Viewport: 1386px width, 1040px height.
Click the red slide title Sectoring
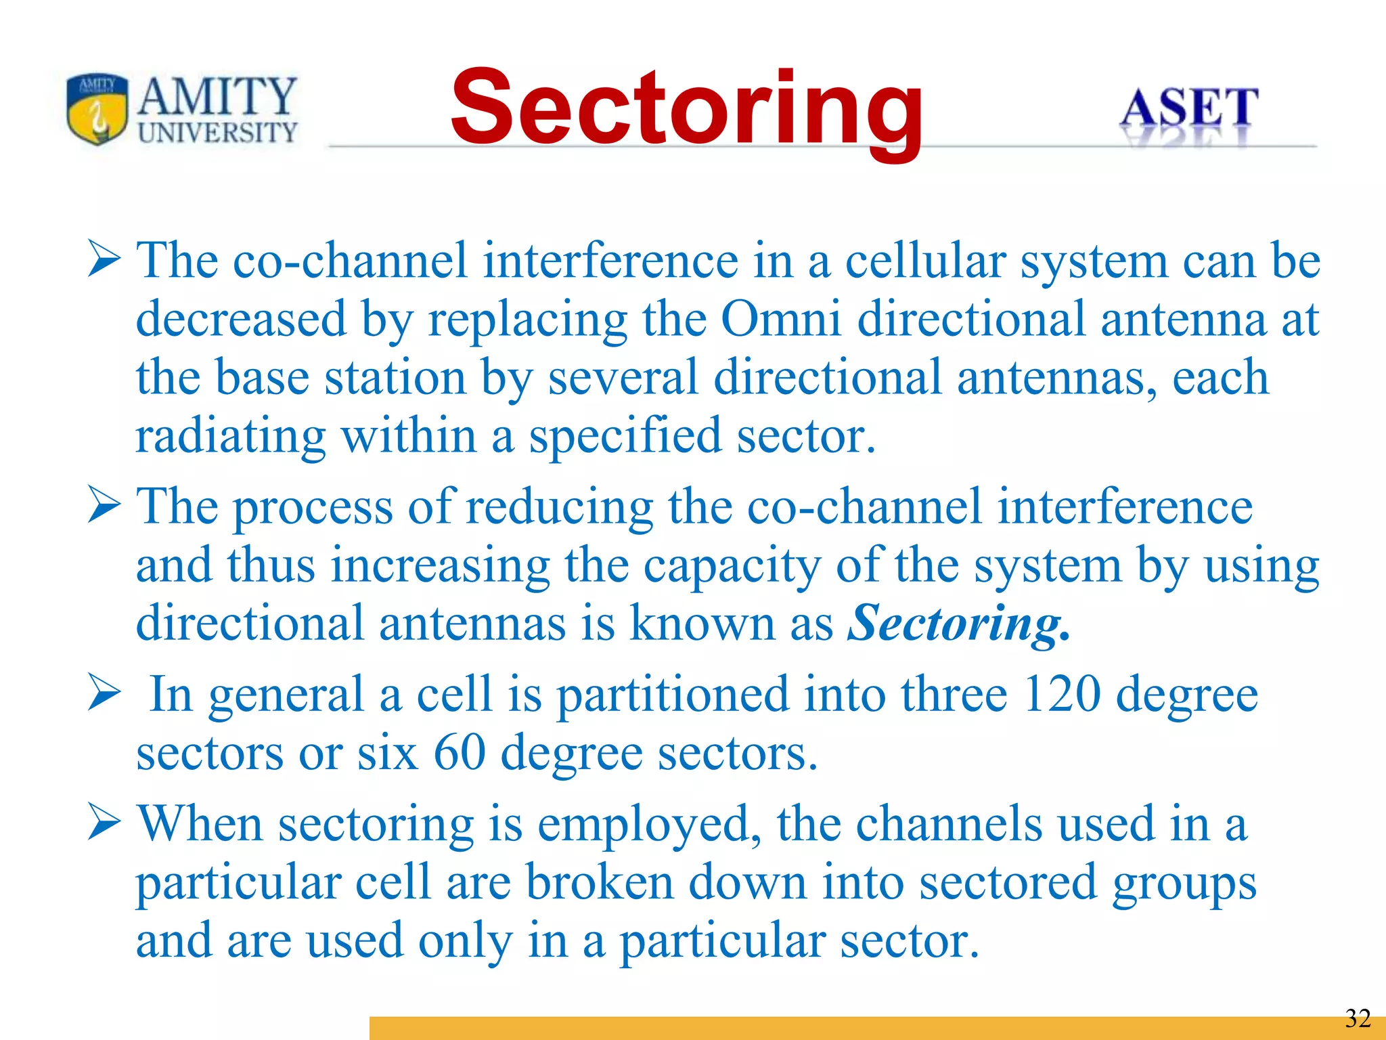click(686, 108)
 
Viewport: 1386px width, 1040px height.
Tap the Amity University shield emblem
click(97, 108)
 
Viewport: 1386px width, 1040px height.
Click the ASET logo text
click(1188, 108)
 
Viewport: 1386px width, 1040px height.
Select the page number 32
click(1357, 1018)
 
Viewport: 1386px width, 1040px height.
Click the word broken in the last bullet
click(600, 883)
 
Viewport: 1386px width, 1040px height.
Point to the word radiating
click(230, 437)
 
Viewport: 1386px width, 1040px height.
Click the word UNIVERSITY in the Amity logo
click(217, 132)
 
